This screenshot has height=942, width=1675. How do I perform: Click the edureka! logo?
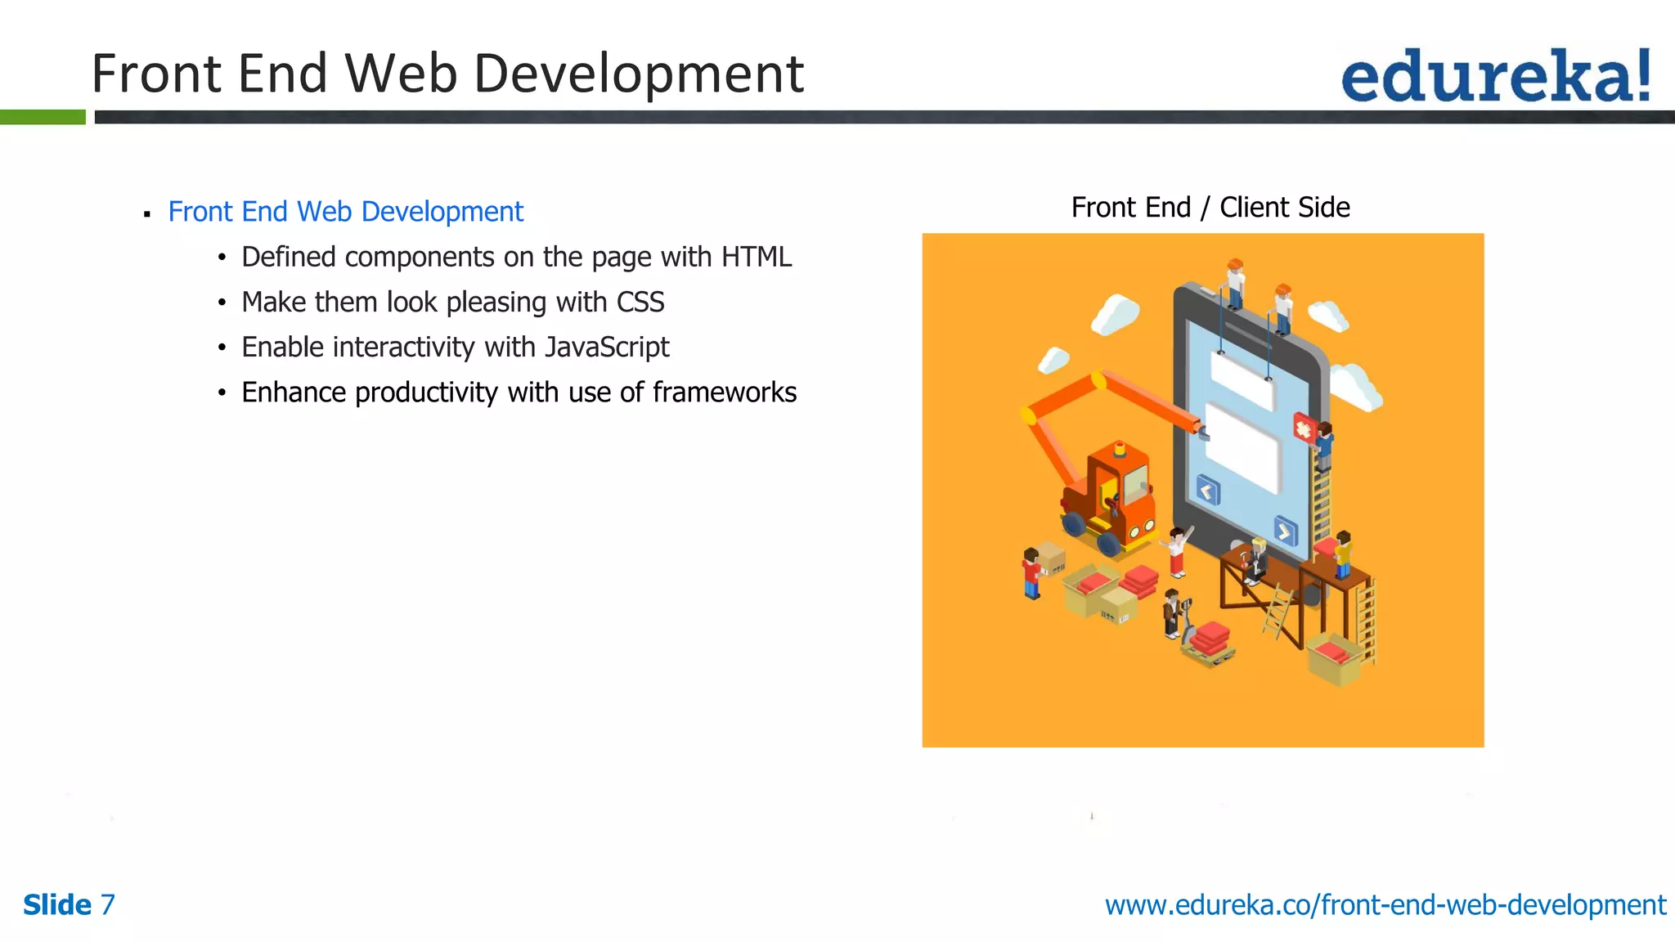[x=1495, y=76]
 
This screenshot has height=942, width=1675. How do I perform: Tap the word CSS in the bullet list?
[x=640, y=303]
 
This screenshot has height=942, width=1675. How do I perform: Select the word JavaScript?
[x=607, y=348]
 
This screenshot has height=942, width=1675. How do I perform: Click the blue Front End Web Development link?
[x=345, y=212]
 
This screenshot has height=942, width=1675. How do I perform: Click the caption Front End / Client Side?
[x=1210, y=208]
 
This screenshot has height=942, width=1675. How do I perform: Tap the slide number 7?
[x=107, y=905]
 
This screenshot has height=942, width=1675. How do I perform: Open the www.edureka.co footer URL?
[x=1385, y=905]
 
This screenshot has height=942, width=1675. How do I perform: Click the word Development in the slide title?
[x=639, y=74]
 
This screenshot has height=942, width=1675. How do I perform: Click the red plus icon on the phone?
[x=1302, y=428]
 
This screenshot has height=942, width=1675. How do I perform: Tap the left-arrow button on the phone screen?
[x=1208, y=491]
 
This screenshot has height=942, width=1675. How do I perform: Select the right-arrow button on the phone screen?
[x=1285, y=532]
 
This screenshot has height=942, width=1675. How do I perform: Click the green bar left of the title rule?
[x=43, y=118]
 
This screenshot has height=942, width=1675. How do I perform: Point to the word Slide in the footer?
[x=57, y=905]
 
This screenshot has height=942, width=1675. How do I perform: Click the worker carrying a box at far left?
[x=1033, y=572]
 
